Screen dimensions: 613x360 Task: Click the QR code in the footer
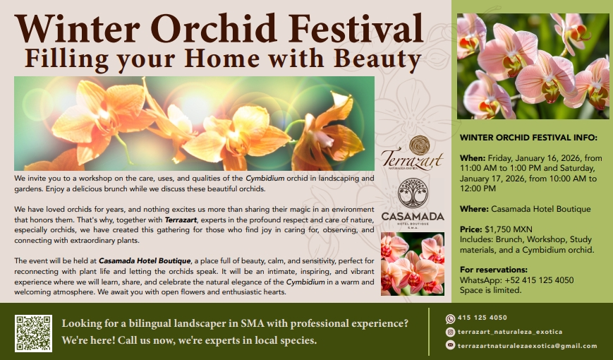tap(33, 333)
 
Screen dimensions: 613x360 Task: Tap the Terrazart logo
tap(412, 153)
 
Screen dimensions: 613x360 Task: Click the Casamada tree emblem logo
tap(413, 193)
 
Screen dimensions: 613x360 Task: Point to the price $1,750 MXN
tap(508, 229)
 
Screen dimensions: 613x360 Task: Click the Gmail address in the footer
tap(528, 346)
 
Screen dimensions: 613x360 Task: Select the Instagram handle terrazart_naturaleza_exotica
tap(510, 332)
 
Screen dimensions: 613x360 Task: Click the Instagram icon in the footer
tap(450, 332)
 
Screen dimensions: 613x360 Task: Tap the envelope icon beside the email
tap(450, 345)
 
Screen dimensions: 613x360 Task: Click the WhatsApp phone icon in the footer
tap(450, 319)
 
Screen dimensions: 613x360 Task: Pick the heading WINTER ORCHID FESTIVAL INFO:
tap(528, 138)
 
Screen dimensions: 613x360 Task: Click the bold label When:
tap(473, 158)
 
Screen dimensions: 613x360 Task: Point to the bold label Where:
tap(474, 209)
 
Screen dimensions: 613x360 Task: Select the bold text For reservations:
tap(494, 270)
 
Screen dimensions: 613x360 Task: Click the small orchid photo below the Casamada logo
tap(413, 264)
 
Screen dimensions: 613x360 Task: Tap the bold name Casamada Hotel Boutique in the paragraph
tap(145, 261)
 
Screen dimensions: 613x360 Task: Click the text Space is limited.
tap(491, 290)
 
